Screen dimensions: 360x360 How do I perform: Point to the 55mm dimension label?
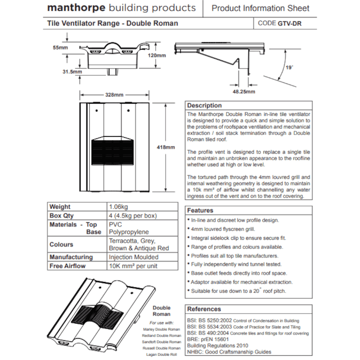[x=61, y=47]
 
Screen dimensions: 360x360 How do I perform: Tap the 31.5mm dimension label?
[x=72, y=72]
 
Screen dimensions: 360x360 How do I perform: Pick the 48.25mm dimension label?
[x=244, y=92]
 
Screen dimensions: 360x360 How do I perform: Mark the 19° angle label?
[x=289, y=67]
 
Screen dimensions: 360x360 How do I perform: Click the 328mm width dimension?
[x=114, y=95]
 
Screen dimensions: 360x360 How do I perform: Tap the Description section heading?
[x=204, y=105]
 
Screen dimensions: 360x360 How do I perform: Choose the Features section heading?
[x=200, y=210]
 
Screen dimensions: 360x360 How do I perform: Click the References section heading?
[x=204, y=309]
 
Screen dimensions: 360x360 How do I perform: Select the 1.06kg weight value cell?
[x=118, y=207]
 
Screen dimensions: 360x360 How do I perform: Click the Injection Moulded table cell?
[x=134, y=257]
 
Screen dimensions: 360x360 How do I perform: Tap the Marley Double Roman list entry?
[x=161, y=329]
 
